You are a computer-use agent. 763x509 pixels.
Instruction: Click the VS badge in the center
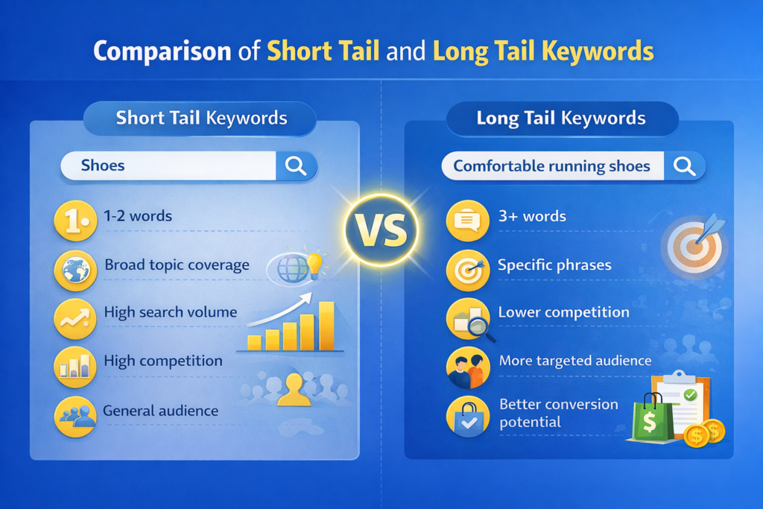point(381,232)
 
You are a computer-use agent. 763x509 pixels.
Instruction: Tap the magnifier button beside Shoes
point(296,166)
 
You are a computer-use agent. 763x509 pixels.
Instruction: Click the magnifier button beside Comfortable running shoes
point(684,165)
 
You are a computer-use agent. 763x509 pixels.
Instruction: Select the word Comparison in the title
point(162,51)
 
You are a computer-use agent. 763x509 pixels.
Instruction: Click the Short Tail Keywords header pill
point(201,118)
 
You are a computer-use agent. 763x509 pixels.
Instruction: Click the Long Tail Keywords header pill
point(561,118)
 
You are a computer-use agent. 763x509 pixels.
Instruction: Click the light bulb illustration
point(316,265)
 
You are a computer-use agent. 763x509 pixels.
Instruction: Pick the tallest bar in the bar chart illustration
point(326,326)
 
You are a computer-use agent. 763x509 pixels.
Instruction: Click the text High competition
point(163,361)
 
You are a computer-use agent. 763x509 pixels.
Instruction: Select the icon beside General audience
point(75,414)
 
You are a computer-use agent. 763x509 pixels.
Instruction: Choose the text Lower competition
point(563,312)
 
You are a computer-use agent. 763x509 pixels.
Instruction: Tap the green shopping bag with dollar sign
point(649,418)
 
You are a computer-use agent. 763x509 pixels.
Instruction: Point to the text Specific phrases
point(554,265)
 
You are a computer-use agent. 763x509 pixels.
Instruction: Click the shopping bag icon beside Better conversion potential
point(467,417)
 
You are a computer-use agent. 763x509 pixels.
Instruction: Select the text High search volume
point(171,312)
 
